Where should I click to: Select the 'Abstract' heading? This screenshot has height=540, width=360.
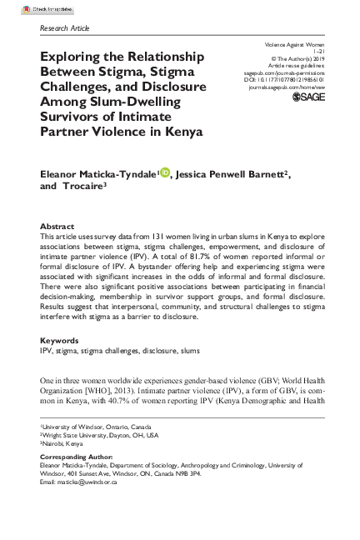(57, 227)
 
